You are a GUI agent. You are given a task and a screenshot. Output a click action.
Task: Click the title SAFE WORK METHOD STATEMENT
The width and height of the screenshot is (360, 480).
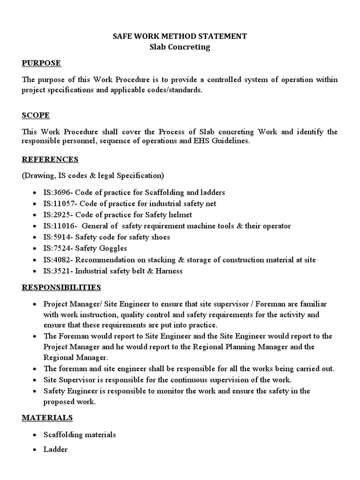pos(180,36)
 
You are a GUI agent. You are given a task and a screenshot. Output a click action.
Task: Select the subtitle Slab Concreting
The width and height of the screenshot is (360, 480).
pos(180,47)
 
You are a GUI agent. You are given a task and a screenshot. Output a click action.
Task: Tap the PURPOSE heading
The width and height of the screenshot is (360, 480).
pos(42,63)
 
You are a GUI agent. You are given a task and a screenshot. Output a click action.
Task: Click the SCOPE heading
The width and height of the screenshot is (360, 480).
pos(36,115)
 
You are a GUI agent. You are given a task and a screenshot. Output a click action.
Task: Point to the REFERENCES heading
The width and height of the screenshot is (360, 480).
pos(50,159)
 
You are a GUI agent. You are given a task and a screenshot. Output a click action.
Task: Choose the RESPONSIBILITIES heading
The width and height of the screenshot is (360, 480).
pos(61,287)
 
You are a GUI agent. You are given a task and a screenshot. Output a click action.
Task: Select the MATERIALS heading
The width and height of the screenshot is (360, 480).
pos(47,417)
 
